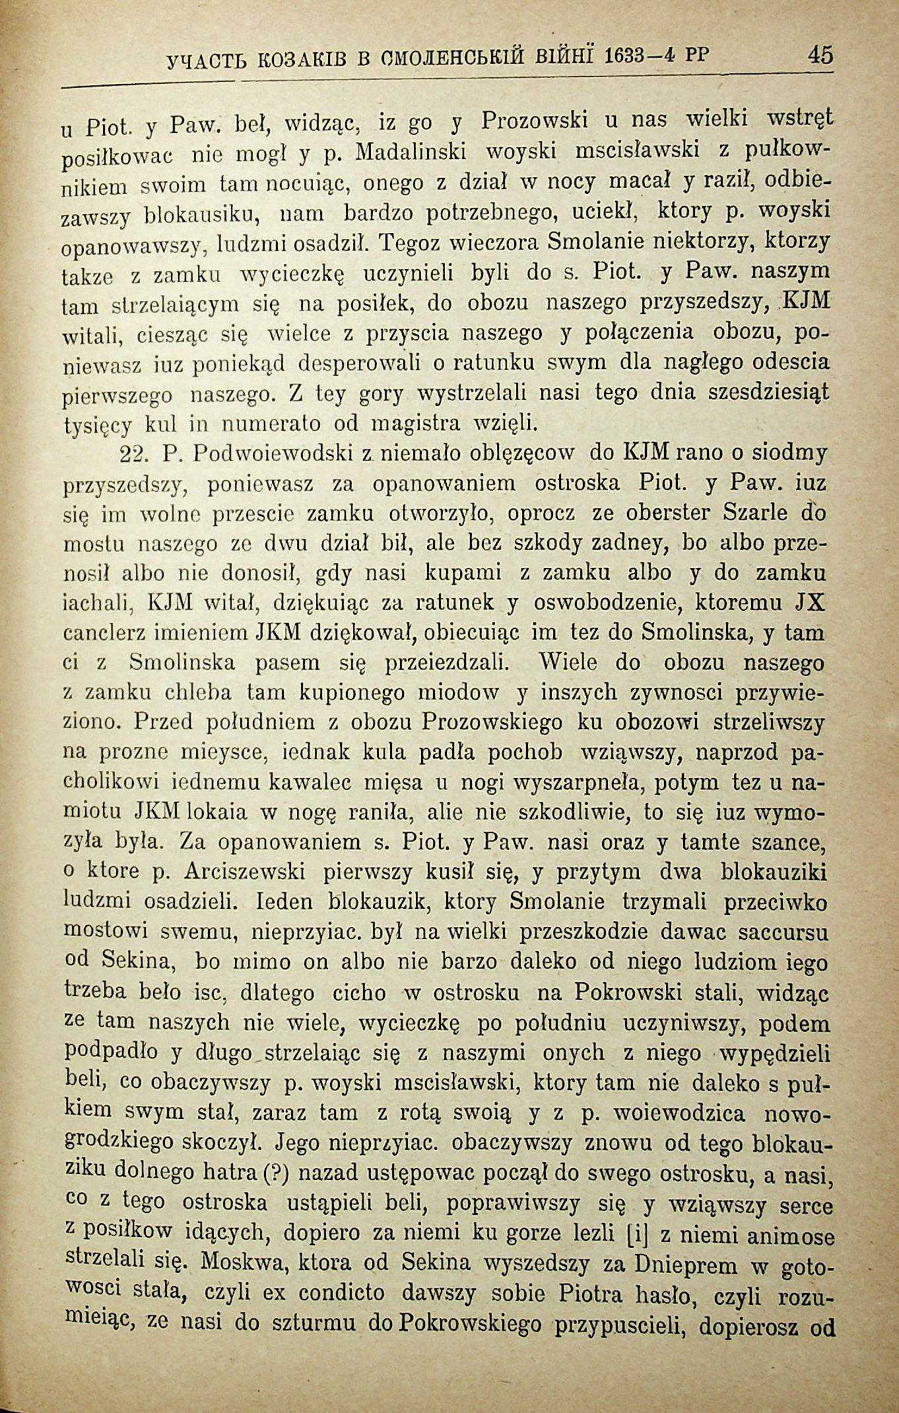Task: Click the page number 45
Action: [819, 55]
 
